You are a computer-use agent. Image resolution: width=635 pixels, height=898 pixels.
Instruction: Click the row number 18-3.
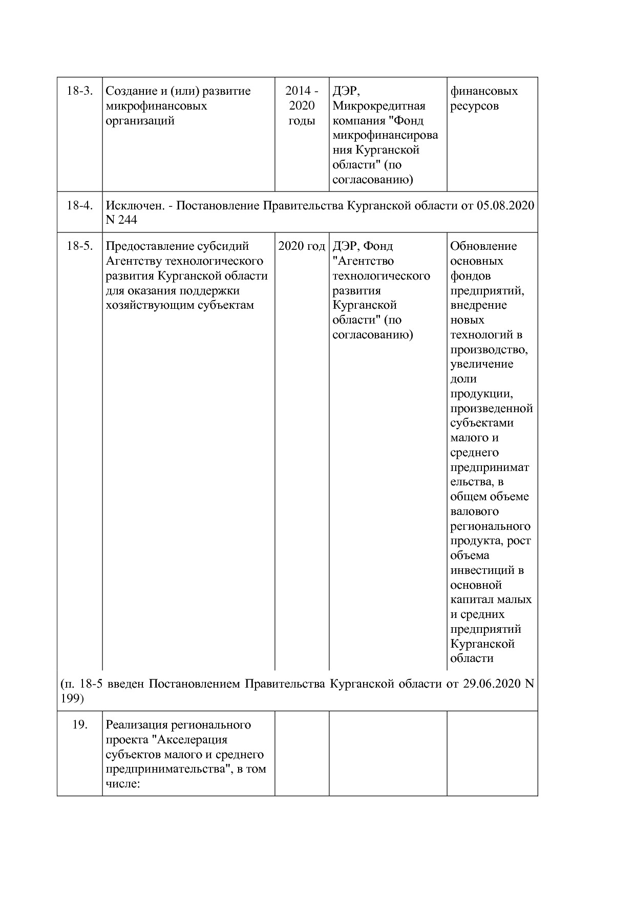pyautogui.click(x=79, y=91)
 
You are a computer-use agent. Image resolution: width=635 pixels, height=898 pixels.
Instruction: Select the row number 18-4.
pyautogui.click(x=79, y=206)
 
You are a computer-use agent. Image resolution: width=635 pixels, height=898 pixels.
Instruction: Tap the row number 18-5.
pyautogui.click(x=79, y=246)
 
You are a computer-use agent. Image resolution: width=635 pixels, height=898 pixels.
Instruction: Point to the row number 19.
pyautogui.click(x=79, y=725)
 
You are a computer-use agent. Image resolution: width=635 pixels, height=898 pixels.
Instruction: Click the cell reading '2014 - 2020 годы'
pyautogui.click(x=302, y=106)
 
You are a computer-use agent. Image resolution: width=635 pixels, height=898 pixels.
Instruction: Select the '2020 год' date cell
pyautogui.click(x=302, y=246)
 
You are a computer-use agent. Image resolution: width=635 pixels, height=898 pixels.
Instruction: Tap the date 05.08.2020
pyautogui.click(x=505, y=206)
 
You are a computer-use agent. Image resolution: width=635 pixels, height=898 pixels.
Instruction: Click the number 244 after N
pyautogui.click(x=127, y=220)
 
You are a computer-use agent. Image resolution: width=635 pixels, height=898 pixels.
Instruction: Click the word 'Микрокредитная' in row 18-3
pyautogui.click(x=379, y=106)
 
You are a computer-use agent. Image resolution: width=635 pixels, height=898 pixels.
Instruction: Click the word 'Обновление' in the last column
pyautogui.click(x=483, y=246)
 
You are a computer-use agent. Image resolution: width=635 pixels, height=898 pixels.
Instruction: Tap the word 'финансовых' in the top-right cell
pyautogui.click(x=484, y=91)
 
